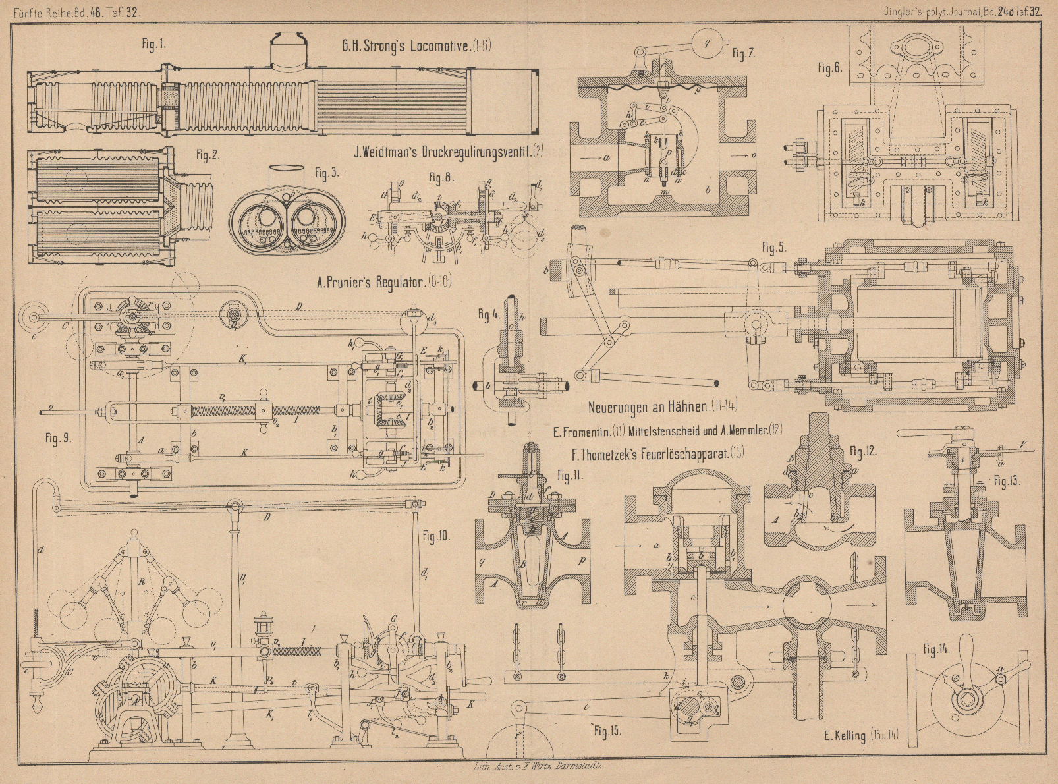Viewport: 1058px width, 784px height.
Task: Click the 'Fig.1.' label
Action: pyautogui.click(x=154, y=45)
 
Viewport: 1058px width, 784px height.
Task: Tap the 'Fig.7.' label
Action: pyautogui.click(x=742, y=54)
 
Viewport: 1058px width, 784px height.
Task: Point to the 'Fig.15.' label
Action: pyautogui.click(x=607, y=730)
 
